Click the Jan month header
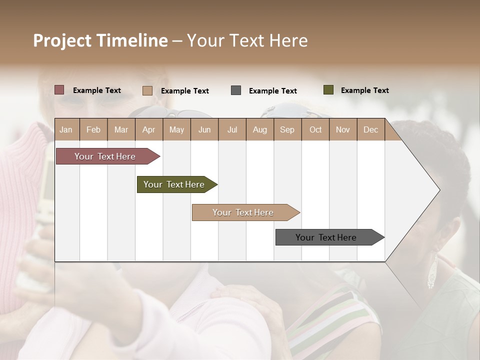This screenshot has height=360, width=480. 66,129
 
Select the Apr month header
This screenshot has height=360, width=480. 148,129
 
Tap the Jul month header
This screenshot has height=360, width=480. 232,129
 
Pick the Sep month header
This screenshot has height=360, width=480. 287,129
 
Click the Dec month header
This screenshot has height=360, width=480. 370,129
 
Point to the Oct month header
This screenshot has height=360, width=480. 315,129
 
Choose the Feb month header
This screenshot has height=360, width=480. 93,129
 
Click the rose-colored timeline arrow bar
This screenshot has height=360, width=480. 105,156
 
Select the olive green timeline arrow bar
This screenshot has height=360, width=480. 174,184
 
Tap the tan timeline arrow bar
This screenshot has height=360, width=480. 243,212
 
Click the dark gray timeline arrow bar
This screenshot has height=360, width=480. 326,237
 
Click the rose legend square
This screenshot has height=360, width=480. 59,90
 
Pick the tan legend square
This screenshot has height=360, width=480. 147,90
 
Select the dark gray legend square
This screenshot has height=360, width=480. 236,90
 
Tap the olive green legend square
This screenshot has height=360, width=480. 328,90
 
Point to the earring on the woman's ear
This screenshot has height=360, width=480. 431,272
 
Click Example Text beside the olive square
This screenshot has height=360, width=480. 364,90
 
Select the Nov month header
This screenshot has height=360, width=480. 342,129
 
